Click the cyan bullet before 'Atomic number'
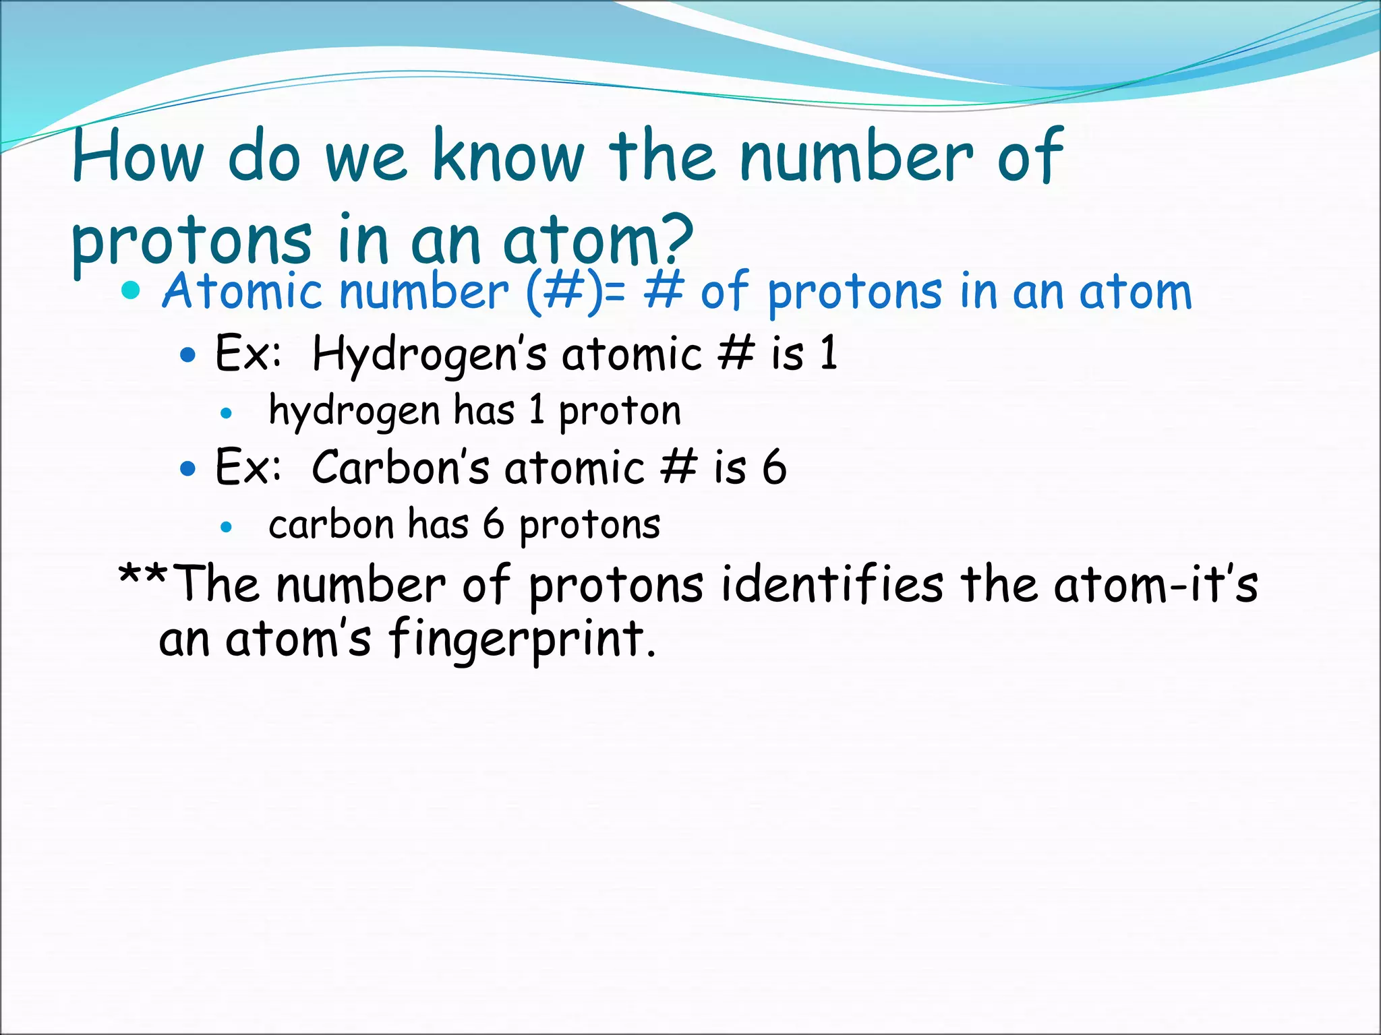click(131, 291)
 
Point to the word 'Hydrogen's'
click(430, 354)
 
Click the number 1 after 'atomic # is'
click(829, 353)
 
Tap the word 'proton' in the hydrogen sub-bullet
click(620, 411)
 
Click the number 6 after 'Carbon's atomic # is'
click(774, 467)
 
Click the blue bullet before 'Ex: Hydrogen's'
click(189, 355)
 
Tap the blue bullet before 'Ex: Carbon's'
click(189, 468)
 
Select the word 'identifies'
click(832, 584)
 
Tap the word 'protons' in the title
click(192, 240)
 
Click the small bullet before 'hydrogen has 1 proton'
click(227, 414)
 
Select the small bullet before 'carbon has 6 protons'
click(227, 527)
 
